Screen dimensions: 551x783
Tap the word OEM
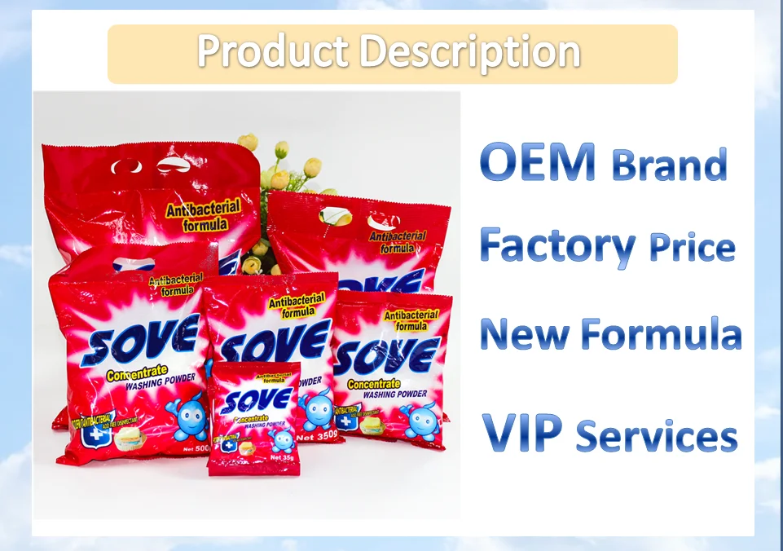[538, 161]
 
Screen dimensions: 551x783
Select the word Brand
[669, 165]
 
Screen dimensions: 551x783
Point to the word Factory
[557, 245]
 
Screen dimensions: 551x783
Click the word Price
[692, 247]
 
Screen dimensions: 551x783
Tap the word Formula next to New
[659, 334]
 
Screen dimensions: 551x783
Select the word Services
[657, 436]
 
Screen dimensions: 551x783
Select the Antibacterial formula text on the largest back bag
[203, 214]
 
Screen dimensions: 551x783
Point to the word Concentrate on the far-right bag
[374, 383]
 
